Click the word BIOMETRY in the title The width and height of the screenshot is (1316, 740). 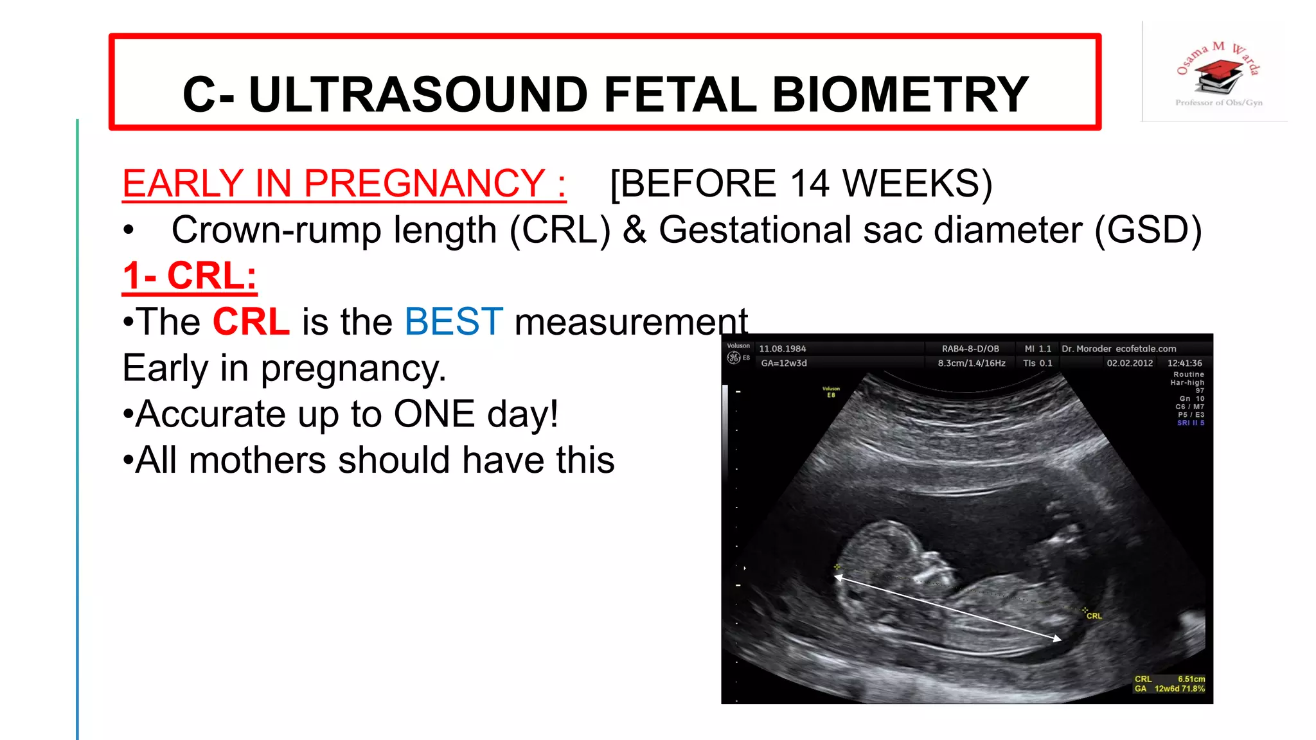tap(900, 94)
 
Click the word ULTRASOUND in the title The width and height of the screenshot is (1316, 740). tap(418, 94)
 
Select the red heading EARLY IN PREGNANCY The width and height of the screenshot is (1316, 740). tap(344, 184)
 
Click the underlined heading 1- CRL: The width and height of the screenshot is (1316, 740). tap(190, 276)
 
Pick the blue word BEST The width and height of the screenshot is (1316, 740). tap(454, 322)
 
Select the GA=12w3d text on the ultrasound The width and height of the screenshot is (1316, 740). tap(783, 363)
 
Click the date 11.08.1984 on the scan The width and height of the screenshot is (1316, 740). tap(782, 349)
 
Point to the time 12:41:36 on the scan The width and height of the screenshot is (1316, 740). tap(1184, 363)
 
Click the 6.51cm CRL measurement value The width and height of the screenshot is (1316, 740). tap(1191, 679)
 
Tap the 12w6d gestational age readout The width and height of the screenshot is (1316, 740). tap(1166, 689)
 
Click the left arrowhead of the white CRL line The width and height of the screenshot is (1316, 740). tap(838, 577)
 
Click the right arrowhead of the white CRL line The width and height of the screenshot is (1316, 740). tap(1058, 639)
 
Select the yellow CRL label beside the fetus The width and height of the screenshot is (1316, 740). tap(1094, 616)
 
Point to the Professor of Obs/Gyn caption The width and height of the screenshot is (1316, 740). tap(1218, 103)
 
